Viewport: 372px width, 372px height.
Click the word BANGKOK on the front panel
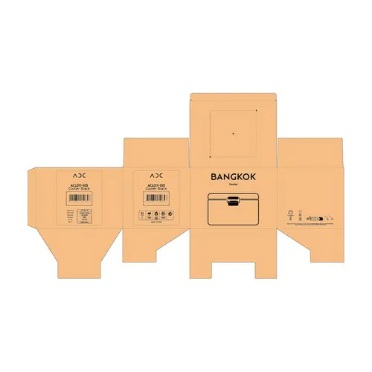tap(233, 177)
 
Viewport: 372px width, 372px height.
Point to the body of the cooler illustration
tap(233, 214)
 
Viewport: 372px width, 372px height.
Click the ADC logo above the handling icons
tap(155, 176)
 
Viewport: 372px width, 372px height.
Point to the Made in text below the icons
tap(155, 222)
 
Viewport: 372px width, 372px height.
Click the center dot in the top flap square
tap(233, 134)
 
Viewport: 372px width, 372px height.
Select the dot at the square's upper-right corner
tap(256, 111)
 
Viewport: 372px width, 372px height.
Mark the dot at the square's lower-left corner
tap(210, 157)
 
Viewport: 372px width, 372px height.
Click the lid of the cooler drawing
tap(233, 196)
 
